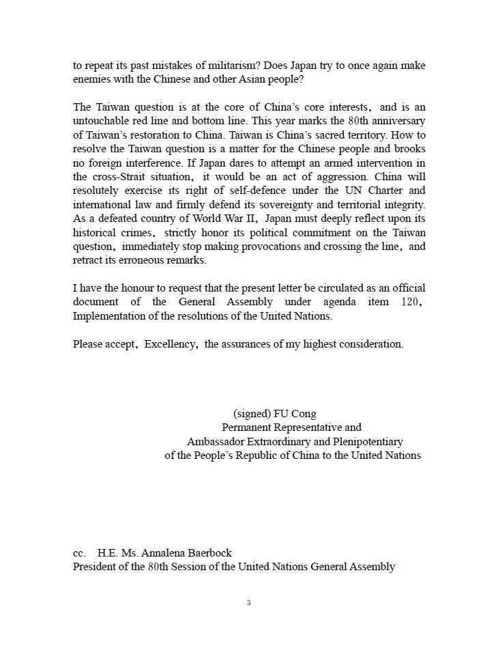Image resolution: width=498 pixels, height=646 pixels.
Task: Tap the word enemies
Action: coord(93,79)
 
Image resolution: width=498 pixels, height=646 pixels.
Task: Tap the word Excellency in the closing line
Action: coord(170,344)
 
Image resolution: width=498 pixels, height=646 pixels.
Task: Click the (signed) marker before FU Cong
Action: coord(252,414)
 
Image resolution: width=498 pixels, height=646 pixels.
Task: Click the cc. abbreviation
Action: coord(80,553)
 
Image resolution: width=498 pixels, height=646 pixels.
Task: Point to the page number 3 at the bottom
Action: coord(249,602)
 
